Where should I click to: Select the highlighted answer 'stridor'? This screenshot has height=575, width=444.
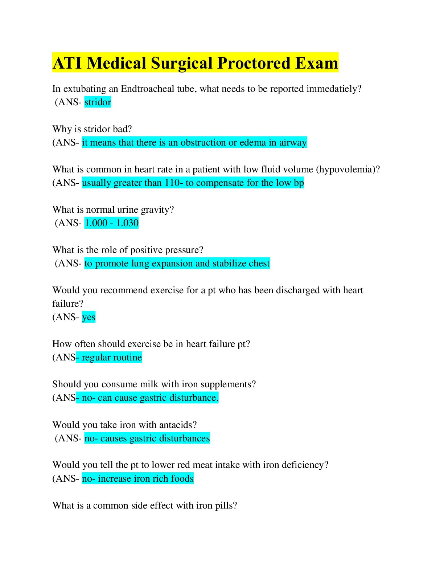click(98, 102)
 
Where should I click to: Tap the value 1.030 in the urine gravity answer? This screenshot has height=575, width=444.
click(127, 223)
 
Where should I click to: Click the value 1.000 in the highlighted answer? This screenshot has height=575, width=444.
click(96, 223)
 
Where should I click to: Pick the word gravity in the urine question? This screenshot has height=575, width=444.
click(157, 210)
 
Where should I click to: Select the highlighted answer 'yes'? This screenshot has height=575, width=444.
click(89, 317)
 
